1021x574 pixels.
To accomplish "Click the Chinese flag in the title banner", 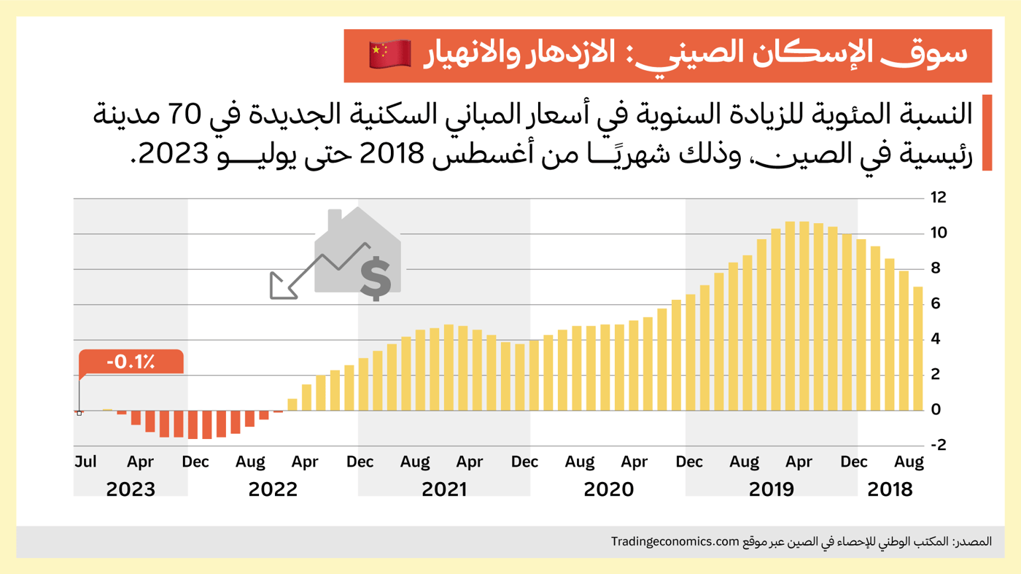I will coord(390,55).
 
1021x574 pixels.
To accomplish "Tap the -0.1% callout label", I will coord(131,362).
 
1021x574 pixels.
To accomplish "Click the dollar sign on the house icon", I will coord(376,278).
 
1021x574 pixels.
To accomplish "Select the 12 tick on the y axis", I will coord(938,198).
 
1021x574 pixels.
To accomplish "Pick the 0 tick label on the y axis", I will coord(936,410).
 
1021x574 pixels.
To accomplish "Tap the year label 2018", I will coord(890,489).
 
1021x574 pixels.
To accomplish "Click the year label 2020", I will coord(608,489).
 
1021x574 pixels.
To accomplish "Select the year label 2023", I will coord(131,489).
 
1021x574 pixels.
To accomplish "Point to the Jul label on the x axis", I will coord(85,462).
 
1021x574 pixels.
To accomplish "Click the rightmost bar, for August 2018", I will coord(917,349).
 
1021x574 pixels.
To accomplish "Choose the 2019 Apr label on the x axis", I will coord(799,462).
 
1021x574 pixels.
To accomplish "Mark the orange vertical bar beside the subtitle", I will coord(987,133).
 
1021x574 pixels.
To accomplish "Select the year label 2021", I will coord(444,489).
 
